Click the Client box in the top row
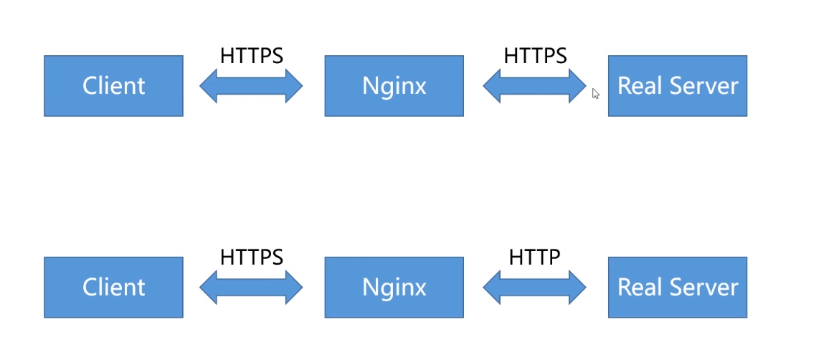[x=113, y=85]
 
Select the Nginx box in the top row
[x=394, y=85]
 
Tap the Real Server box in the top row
[x=678, y=85]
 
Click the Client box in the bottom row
[x=113, y=287]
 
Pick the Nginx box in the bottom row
[x=394, y=287]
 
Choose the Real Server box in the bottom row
[x=678, y=287]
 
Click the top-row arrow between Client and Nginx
[x=251, y=85]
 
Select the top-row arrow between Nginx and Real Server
[x=534, y=85]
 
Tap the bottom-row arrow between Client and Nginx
[x=251, y=287]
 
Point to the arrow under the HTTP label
[x=534, y=287]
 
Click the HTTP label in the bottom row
[x=534, y=257]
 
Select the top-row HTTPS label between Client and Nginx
[x=252, y=56]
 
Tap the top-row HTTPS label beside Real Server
[x=535, y=56]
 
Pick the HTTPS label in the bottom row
[x=252, y=257]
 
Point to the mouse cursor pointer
[x=595, y=94]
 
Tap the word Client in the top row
[x=113, y=86]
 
